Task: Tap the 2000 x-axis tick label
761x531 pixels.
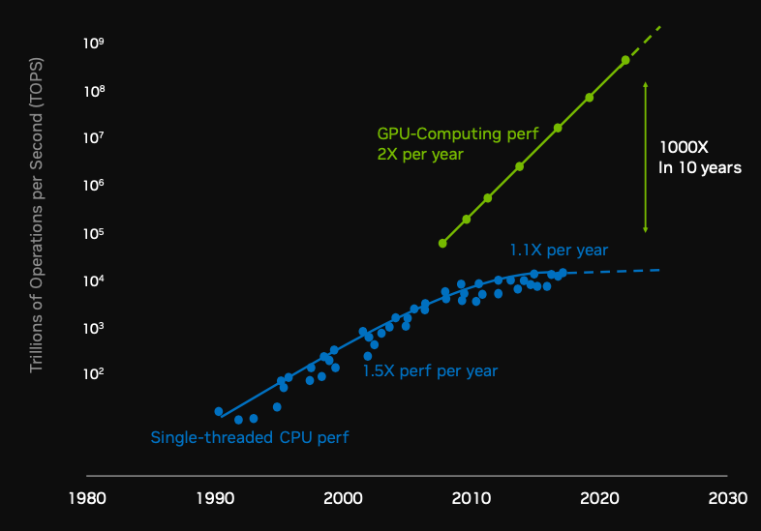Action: [343, 499]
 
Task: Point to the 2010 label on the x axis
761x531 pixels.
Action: [471, 499]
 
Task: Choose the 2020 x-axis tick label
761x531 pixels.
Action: [598, 499]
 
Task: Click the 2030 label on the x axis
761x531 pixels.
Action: [727, 499]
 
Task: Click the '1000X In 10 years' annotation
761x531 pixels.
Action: [700, 158]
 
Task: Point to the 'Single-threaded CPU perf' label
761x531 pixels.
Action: [249, 437]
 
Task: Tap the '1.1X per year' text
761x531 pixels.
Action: [559, 251]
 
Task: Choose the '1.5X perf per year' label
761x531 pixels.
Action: [430, 370]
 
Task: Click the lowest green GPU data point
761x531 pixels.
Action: [442, 243]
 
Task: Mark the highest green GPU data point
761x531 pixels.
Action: [625, 60]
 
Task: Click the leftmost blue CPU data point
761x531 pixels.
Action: [219, 411]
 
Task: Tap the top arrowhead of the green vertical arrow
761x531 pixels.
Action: [645, 85]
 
